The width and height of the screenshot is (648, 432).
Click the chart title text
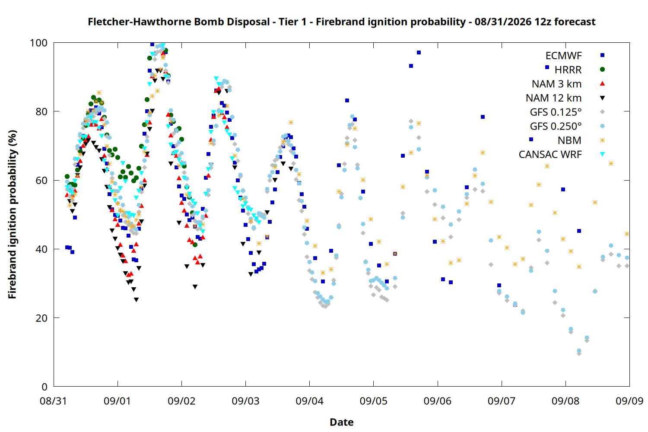tap(341, 22)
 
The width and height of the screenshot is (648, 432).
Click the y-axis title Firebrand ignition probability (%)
tap(12, 214)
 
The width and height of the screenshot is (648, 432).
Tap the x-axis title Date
tap(342, 422)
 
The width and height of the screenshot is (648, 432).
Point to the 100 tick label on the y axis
tap(38, 43)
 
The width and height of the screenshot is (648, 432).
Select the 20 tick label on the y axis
tap(41, 318)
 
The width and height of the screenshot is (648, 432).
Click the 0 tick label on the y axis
tap(44, 387)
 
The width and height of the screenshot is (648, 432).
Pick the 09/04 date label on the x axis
tap(310, 401)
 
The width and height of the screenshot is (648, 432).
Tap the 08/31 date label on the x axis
tap(54, 401)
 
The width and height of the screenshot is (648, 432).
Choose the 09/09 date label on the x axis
tap(629, 401)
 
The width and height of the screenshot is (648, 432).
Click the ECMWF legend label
tap(563, 56)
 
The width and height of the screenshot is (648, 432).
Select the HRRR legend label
tap(568, 70)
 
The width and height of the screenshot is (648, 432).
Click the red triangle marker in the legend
tap(602, 84)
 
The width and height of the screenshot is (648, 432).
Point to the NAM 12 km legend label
tap(554, 98)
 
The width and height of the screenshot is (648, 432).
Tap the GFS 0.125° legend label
tap(556, 112)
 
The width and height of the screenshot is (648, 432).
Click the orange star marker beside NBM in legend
tap(602, 140)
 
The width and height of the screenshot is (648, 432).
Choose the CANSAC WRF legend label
tap(550, 155)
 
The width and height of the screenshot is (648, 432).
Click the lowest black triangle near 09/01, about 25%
tap(136, 300)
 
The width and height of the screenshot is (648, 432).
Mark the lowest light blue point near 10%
tap(579, 351)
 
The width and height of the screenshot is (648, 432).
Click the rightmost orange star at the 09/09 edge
tap(627, 234)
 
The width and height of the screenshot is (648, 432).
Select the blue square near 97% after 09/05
tap(419, 52)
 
